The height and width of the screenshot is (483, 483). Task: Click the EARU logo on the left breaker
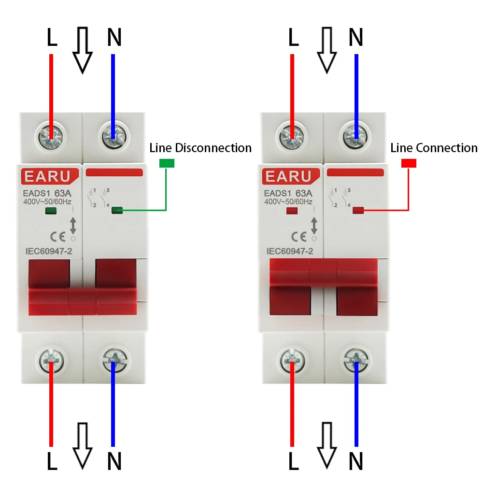tap(47, 176)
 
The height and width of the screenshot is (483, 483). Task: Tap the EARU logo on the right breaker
tap(288, 176)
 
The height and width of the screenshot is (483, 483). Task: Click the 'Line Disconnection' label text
tap(200, 148)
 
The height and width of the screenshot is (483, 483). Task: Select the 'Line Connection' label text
tap(434, 148)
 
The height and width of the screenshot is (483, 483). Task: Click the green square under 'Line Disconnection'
tap(167, 163)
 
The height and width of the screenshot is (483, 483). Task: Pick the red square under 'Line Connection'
tap(409, 163)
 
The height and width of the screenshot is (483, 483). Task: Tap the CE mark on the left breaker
tap(57, 237)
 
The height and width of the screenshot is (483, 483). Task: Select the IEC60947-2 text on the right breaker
tap(290, 251)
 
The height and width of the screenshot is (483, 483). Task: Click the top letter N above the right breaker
tap(356, 37)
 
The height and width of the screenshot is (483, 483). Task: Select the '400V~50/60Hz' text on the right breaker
tap(288, 201)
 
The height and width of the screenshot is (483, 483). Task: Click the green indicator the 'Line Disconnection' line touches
tap(117, 210)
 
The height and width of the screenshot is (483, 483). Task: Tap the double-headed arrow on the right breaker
tap(314, 226)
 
